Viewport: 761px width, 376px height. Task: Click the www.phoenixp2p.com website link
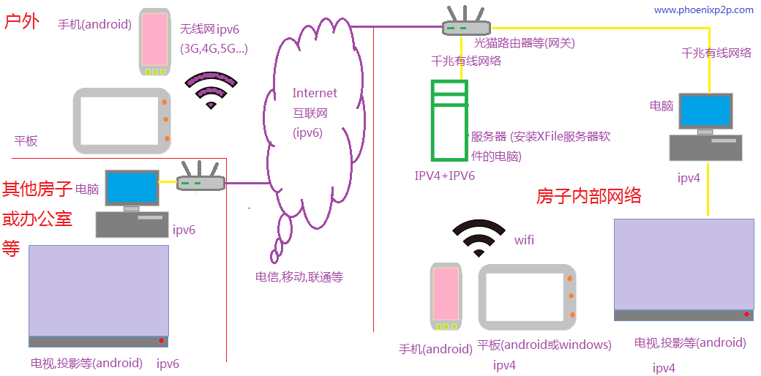tap(703, 10)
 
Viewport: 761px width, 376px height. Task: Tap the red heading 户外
tap(22, 21)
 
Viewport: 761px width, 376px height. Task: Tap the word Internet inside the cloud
tap(315, 93)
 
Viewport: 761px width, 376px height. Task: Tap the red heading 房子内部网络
tap(588, 196)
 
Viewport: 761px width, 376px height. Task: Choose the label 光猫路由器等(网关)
tap(524, 43)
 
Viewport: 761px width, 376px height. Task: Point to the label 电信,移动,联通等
tap(299, 277)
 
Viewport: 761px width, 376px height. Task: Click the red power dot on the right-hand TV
tap(747, 315)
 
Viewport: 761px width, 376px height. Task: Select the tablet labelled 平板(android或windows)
tap(528, 298)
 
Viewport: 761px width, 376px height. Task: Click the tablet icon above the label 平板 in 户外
tap(122, 120)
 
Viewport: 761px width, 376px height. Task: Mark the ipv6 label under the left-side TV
tap(168, 364)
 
